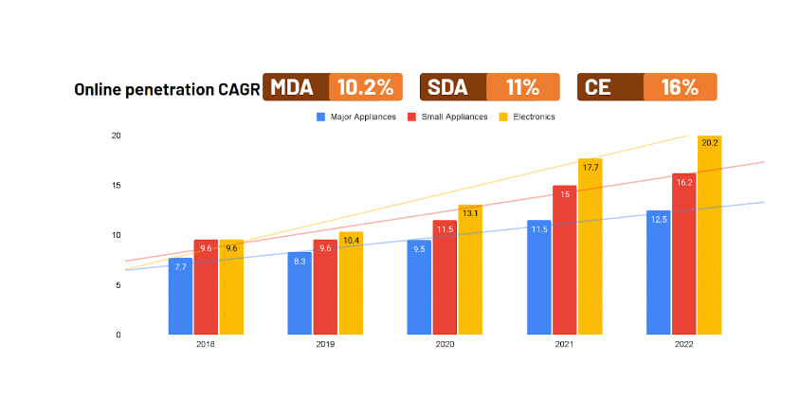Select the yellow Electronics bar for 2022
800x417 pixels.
click(709, 237)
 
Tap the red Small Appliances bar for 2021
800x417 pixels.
click(565, 261)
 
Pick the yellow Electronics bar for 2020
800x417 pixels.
click(471, 270)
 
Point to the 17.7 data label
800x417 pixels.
click(591, 168)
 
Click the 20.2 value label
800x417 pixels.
click(709, 142)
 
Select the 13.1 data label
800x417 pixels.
click(471, 213)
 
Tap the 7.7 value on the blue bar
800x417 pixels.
click(181, 267)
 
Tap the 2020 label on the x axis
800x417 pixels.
click(445, 345)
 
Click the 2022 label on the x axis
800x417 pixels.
click(683, 345)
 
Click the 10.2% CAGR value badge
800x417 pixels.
click(366, 87)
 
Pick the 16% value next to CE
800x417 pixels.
click(680, 87)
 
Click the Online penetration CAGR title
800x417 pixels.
click(167, 89)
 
